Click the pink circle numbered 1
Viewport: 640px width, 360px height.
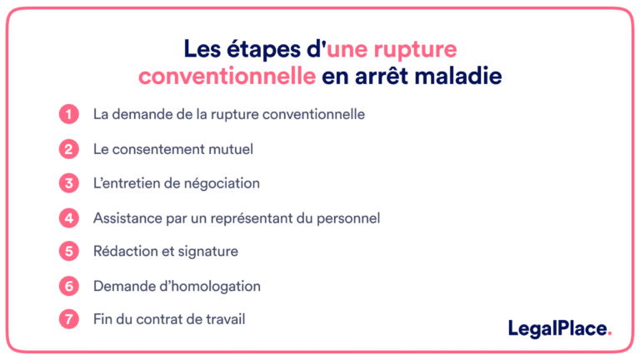click(68, 114)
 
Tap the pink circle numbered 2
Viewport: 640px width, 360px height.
click(68, 149)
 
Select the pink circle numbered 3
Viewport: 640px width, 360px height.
click(68, 183)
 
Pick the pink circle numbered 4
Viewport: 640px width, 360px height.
click(68, 217)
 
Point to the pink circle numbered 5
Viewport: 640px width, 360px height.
click(68, 251)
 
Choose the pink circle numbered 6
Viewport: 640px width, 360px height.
click(68, 286)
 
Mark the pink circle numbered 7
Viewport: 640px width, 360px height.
click(68, 319)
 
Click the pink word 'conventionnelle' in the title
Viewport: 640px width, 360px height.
click(227, 77)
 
